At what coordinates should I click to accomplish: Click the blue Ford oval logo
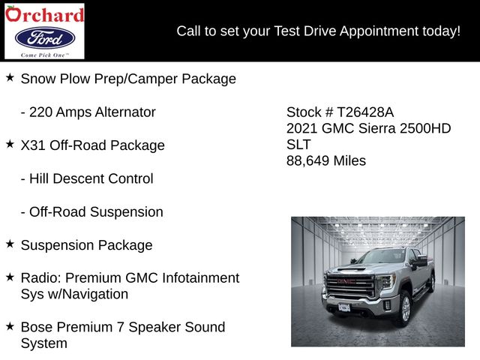point(45,38)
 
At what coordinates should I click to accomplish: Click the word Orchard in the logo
point(44,14)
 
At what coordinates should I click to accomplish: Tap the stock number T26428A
point(365,112)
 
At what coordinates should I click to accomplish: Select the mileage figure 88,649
point(307,161)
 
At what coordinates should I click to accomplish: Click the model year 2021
point(301,128)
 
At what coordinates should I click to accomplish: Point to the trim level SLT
point(298,145)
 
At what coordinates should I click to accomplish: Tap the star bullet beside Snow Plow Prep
point(10,77)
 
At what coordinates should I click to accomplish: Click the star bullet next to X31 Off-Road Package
point(10,144)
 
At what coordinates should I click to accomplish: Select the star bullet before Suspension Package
point(10,244)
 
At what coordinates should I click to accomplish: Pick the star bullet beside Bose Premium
point(10,326)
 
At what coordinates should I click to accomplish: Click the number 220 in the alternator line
point(40,112)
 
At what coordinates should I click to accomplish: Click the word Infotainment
point(200,278)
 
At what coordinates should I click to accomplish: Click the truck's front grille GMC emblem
point(346,281)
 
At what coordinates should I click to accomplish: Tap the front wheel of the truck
point(405,309)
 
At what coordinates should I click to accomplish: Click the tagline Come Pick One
point(44,55)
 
